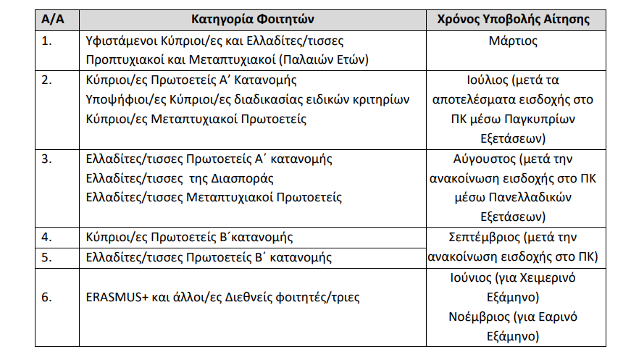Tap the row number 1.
click(x=47, y=41)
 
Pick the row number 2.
click(x=47, y=80)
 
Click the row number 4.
click(x=47, y=237)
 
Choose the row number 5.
click(x=47, y=257)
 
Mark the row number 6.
click(x=47, y=297)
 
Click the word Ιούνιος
click(x=472, y=277)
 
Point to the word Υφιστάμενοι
click(x=120, y=41)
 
